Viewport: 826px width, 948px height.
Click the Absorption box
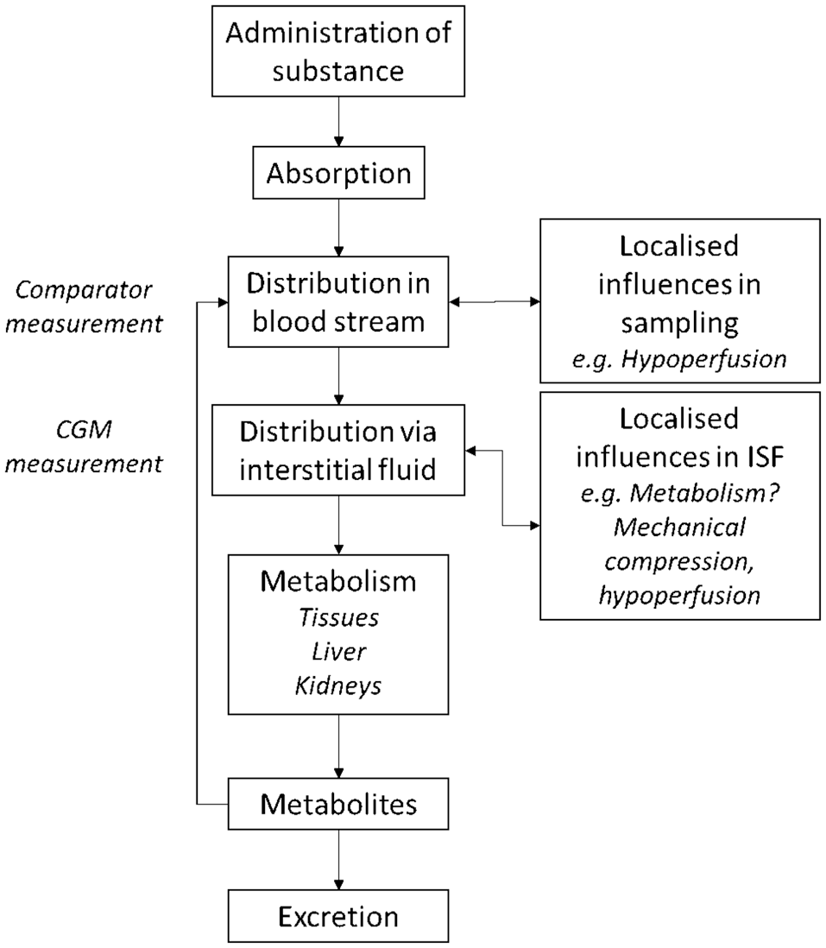pos(338,173)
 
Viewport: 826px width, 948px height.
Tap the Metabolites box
pos(338,804)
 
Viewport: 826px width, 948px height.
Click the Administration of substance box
pos(338,52)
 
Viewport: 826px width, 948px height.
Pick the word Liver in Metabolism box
pos(339,652)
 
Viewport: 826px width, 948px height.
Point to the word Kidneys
pos(338,686)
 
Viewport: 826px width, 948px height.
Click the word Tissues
pos(339,618)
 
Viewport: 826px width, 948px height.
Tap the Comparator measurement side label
pos(84,307)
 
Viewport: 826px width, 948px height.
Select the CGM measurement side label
pos(84,446)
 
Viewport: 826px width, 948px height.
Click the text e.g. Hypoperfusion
pos(679,359)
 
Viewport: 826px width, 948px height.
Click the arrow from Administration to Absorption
pos(338,122)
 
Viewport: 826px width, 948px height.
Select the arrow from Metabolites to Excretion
pos(338,859)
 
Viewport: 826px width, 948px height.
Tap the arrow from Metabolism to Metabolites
pos(338,746)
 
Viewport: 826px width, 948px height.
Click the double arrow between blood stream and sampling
pos(495,301)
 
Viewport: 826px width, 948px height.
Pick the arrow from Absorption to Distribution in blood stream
pos(338,228)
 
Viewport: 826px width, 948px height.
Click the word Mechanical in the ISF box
pos(679,528)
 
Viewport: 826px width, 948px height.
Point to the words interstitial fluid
pos(337,470)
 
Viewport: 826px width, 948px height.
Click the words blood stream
pos(338,322)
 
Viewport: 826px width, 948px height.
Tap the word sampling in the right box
pos(680,324)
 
